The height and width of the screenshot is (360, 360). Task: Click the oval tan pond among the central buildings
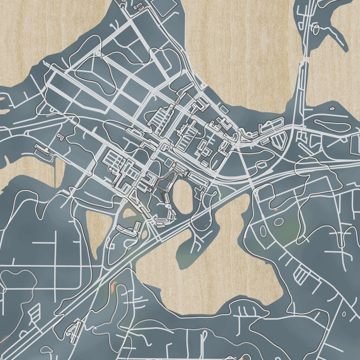pyautogui.click(x=183, y=197)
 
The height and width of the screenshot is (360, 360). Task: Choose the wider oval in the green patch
pyautogui.click(x=279, y=222)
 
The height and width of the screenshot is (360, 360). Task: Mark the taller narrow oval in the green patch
pyautogui.click(x=264, y=231)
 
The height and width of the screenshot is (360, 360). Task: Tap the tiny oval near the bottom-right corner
pyautogui.click(x=344, y=313)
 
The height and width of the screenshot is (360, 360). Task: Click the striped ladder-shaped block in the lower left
pyautogui.click(x=34, y=312)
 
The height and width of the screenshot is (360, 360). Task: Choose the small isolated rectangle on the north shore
pyautogui.click(x=224, y=110)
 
